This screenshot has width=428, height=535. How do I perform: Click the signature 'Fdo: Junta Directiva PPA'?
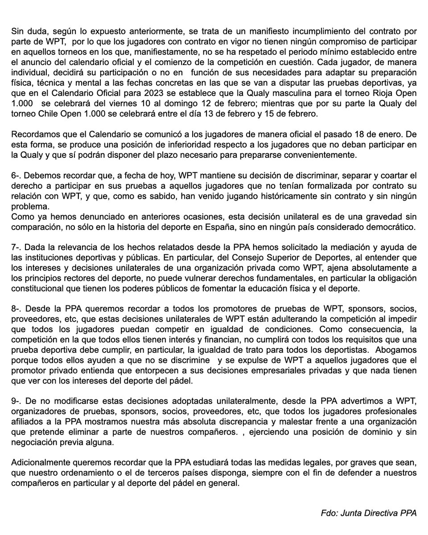tap(368, 513)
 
